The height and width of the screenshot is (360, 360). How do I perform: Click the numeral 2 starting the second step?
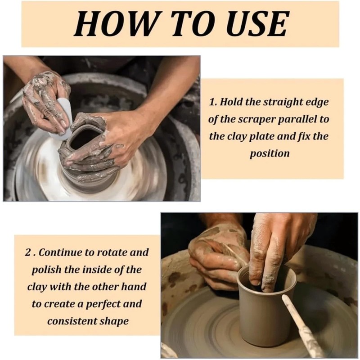coord(28,252)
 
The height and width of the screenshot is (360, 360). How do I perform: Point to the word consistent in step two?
coord(72,321)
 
